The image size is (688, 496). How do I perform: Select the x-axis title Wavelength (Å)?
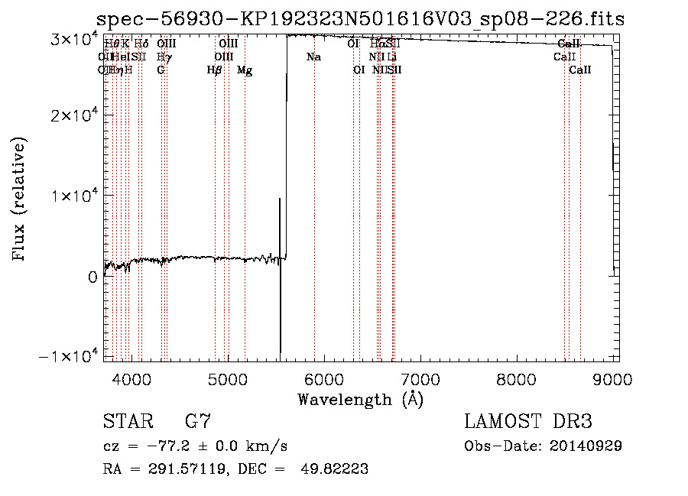[360, 399]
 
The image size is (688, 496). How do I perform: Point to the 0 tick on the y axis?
[92, 277]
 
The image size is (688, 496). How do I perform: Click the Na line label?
[313, 57]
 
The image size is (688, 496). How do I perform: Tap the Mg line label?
[245, 70]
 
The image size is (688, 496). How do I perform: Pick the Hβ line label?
[215, 70]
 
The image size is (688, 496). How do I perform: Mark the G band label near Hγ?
[161, 70]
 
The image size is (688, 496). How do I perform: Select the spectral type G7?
[197, 422]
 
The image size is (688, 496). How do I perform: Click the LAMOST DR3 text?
[528, 422]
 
